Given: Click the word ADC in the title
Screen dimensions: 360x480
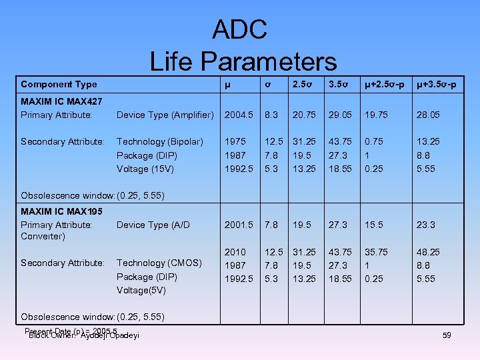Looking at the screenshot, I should click(239, 29).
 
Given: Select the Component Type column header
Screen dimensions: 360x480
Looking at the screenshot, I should click(59, 84).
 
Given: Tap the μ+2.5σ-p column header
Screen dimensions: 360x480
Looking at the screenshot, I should click(385, 84).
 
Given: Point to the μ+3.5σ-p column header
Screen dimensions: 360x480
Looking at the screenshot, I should click(437, 84).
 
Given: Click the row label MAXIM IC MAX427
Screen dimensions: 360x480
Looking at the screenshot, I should click(61, 102).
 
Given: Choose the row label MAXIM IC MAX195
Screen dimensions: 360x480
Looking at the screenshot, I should click(61, 211).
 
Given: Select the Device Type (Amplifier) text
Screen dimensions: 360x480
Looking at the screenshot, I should click(165, 115).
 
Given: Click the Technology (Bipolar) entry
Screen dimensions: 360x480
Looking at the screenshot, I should click(159, 141).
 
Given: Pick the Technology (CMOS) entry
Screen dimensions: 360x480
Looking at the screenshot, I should click(159, 263).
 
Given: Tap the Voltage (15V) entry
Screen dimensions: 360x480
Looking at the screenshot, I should click(145, 169).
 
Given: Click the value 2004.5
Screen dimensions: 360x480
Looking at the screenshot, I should click(239, 115).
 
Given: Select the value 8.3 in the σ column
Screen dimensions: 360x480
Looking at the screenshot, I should click(271, 115).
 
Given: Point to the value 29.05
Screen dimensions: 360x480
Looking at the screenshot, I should click(340, 115).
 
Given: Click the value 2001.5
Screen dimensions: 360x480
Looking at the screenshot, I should click(239, 225).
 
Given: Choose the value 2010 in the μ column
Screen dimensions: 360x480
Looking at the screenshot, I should click(235, 251).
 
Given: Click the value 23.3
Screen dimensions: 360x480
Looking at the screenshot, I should click(426, 225).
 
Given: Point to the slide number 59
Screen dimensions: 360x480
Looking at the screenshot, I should click(446, 335).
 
